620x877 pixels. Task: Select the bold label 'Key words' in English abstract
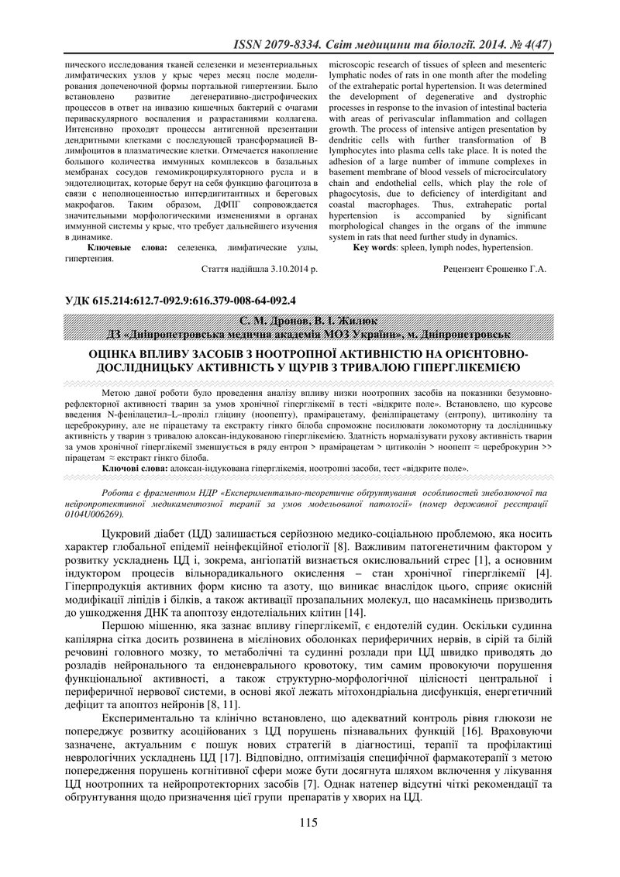376,248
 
